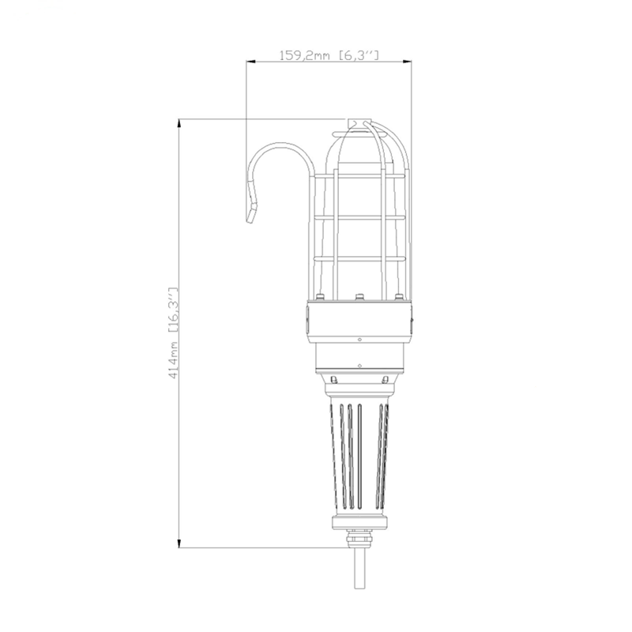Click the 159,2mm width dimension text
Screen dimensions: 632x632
point(307,55)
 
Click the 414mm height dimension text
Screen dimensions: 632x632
point(175,359)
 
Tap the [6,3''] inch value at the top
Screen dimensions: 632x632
point(359,55)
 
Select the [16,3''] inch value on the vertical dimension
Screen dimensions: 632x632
point(175,312)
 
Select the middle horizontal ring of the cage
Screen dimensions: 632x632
point(367,216)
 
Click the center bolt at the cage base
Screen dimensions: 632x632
point(359,299)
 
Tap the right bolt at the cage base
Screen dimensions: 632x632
point(400,299)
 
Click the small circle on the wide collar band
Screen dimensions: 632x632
point(359,340)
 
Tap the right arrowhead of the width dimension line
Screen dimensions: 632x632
point(408,62)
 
